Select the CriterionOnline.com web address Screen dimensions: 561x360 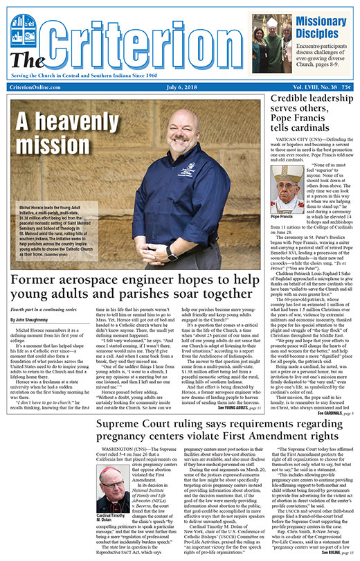click(40, 87)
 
